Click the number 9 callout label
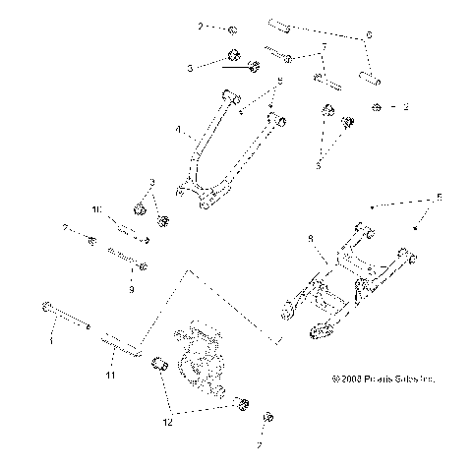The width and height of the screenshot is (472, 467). [x=133, y=290]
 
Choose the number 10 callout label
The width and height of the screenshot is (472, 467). [x=96, y=209]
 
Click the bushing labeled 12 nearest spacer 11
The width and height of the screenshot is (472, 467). [x=156, y=368]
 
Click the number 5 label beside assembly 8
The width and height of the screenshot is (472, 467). [x=440, y=198]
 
